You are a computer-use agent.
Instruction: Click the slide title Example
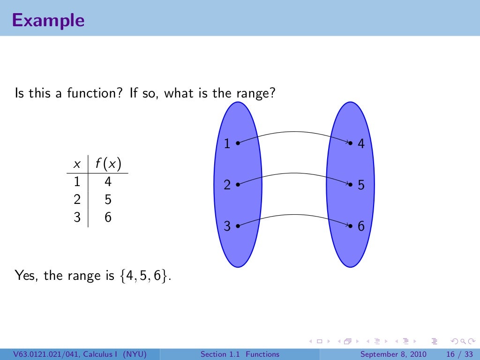tap(48, 20)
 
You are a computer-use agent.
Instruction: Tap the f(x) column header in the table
tap(108, 164)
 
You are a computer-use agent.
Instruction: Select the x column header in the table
tap(77, 165)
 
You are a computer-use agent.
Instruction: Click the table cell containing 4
tap(108, 182)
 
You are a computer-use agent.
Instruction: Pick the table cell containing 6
tap(108, 218)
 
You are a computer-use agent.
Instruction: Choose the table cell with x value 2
tap(77, 200)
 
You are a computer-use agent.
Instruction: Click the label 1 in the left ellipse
tap(227, 143)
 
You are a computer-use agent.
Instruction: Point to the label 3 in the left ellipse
tap(227, 227)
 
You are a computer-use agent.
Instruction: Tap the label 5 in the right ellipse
tap(361, 185)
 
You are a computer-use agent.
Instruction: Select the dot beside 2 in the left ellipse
tap(238, 184)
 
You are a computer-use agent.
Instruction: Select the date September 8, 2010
tap(393, 354)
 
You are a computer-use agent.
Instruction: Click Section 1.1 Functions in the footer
tap(240, 354)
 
